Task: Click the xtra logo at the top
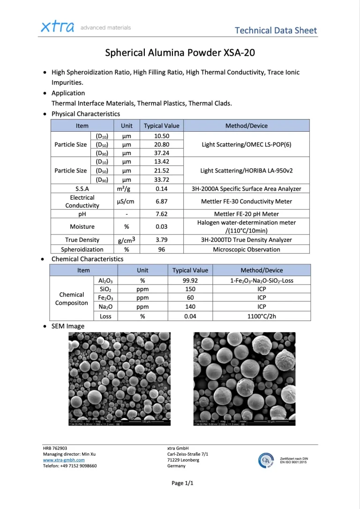(58, 27)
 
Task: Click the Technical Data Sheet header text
(276, 30)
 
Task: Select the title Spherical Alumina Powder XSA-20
(180, 52)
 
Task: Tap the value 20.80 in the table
(162, 144)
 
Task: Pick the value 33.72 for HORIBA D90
(162, 179)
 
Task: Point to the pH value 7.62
(162, 214)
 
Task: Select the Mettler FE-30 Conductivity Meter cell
(246, 201)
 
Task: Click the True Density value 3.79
(162, 240)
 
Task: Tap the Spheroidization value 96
(162, 249)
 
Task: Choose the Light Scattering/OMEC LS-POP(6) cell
(246, 144)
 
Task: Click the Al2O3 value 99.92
(190, 280)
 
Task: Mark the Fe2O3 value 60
(190, 297)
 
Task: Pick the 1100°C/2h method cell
(262, 316)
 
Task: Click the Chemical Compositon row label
(72, 299)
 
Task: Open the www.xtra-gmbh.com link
(64, 460)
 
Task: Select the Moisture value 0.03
(162, 226)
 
